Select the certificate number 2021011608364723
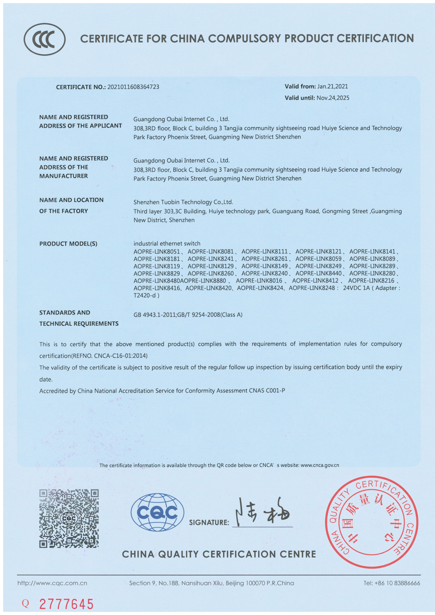pyautogui.click(x=133, y=87)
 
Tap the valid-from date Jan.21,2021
pyautogui.click(x=333, y=86)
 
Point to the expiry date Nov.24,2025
pyautogui.click(x=333, y=98)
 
